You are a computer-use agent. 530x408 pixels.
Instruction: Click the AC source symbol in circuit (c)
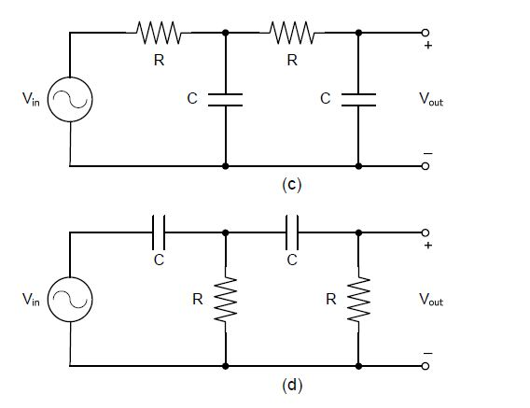(70, 99)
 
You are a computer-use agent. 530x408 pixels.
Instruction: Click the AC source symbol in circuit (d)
(70, 300)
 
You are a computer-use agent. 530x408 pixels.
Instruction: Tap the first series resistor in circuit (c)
(159, 33)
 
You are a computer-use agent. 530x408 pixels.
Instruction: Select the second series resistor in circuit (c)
(292, 33)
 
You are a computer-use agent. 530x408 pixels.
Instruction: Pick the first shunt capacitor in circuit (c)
(226, 100)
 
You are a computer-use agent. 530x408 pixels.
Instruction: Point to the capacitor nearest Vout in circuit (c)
(358, 100)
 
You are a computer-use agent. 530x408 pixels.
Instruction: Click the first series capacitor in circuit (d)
(159, 232)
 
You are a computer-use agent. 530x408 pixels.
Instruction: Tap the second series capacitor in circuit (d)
(292, 232)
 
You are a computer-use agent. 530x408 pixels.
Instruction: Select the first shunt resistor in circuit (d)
(226, 300)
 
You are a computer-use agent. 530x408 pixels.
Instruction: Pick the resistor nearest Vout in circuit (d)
(358, 300)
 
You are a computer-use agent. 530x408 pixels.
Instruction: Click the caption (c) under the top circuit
(291, 185)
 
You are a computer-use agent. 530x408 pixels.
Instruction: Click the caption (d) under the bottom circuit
(292, 385)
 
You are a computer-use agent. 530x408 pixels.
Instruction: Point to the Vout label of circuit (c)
(431, 99)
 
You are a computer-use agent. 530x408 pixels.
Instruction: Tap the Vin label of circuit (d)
(31, 300)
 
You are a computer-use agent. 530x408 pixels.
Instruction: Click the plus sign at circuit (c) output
(428, 45)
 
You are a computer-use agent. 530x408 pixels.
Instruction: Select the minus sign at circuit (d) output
(428, 354)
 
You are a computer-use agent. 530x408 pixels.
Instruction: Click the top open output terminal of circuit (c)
(425, 33)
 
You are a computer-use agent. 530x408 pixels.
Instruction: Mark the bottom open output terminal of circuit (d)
(425, 366)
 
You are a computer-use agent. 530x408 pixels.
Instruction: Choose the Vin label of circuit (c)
(31, 99)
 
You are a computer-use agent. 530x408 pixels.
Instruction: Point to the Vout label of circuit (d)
(431, 300)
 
